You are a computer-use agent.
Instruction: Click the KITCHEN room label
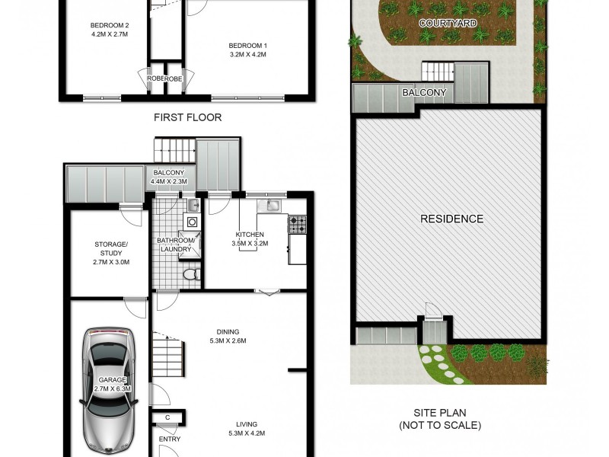tap(250, 235)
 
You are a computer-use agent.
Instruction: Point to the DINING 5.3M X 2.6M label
tap(228, 337)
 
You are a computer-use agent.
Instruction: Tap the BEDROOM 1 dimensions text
tap(249, 55)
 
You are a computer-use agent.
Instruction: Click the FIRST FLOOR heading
tap(187, 117)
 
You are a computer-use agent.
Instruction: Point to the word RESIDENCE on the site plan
tap(451, 219)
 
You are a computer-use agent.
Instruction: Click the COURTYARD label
tap(448, 24)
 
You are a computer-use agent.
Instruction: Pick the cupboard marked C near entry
tap(167, 417)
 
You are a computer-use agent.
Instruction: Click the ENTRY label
tap(169, 440)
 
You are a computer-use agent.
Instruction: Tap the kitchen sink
tap(272, 206)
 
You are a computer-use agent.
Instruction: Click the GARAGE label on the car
tap(111, 379)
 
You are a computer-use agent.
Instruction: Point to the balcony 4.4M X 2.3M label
tap(169, 177)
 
